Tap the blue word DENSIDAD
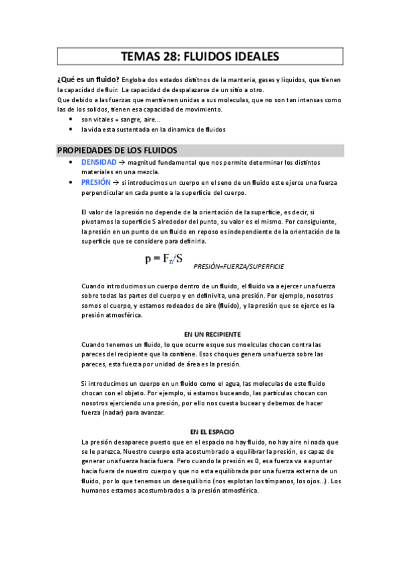click(98, 162)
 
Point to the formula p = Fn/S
click(163, 258)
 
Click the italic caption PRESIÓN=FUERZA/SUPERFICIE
click(238, 266)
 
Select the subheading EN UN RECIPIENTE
click(212, 334)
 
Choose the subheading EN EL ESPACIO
click(212, 432)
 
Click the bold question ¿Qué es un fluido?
click(89, 79)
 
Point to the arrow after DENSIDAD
click(122, 162)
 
